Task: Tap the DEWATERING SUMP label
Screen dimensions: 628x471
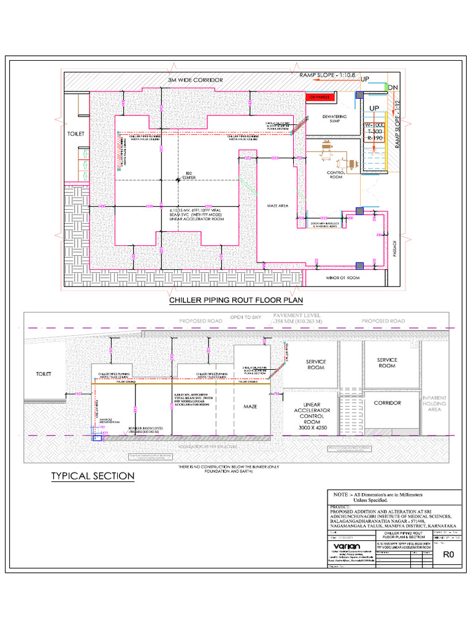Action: tap(334, 118)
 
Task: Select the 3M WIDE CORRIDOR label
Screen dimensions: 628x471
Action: tap(196, 80)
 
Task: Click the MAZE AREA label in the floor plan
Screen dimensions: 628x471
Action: tap(277, 205)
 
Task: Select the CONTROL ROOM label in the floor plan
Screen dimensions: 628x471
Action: tap(338, 175)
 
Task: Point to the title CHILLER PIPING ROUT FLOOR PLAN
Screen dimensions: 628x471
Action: tap(228, 301)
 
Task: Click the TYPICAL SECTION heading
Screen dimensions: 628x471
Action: tap(93, 476)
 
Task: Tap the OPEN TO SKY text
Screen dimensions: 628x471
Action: tap(245, 317)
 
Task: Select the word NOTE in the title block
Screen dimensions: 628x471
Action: tap(341, 494)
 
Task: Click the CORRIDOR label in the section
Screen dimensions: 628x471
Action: tap(387, 403)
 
